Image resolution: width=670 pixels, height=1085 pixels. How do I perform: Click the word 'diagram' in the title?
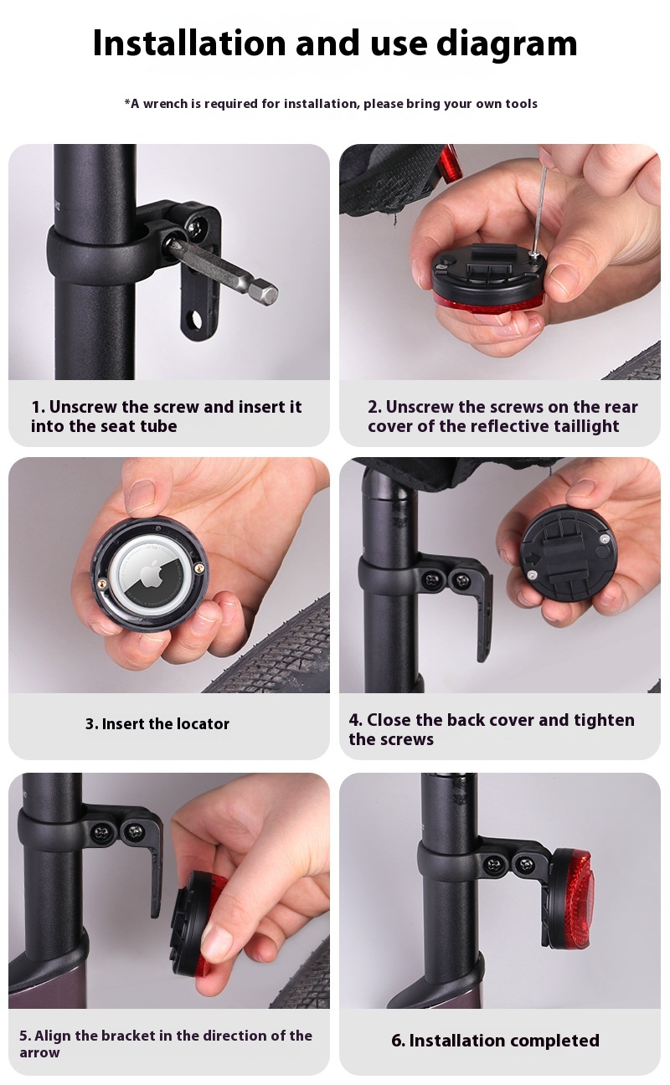pyautogui.click(x=507, y=44)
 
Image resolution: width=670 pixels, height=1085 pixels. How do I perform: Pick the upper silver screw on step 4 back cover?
pyautogui.click(x=603, y=538)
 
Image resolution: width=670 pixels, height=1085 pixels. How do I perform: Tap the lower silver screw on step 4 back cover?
pyautogui.click(x=532, y=574)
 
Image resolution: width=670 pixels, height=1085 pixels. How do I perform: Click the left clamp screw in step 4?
pyautogui.click(x=430, y=579)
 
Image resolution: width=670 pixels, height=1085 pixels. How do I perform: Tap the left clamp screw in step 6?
pyautogui.click(x=494, y=865)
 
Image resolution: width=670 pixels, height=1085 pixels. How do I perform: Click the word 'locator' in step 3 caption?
pyautogui.click(x=203, y=723)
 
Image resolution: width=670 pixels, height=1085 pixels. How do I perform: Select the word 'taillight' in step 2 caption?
pyautogui.click(x=585, y=426)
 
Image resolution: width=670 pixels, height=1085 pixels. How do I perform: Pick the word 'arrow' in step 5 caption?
pyautogui.click(x=39, y=1053)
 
